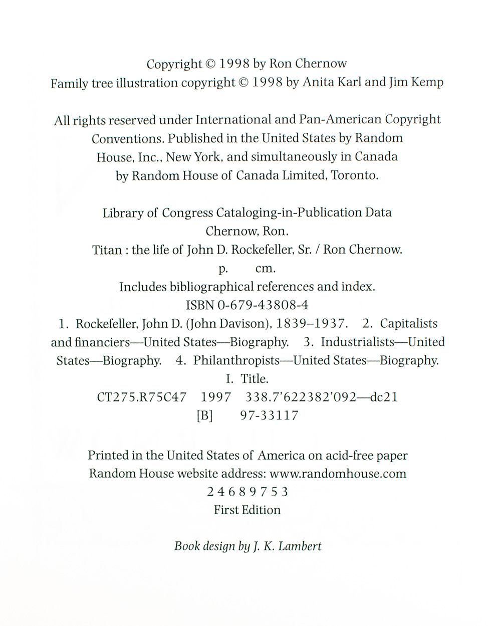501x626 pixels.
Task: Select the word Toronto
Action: (x=355, y=176)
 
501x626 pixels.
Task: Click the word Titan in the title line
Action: (x=107, y=250)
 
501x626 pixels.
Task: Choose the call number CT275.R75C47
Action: (x=141, y=397)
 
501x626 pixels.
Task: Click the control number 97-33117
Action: (x=269, y=415)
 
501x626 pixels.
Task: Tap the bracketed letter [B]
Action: (x=205, y=416)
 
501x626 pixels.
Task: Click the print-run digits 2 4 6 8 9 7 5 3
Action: (x=247, y=492)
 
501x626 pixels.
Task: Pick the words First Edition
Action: (x=247, y=510)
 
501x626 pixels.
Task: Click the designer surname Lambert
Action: (x=300, y=546)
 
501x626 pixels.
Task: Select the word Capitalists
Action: (x=409, y=324)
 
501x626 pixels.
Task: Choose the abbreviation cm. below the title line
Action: (x=266, y=269)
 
